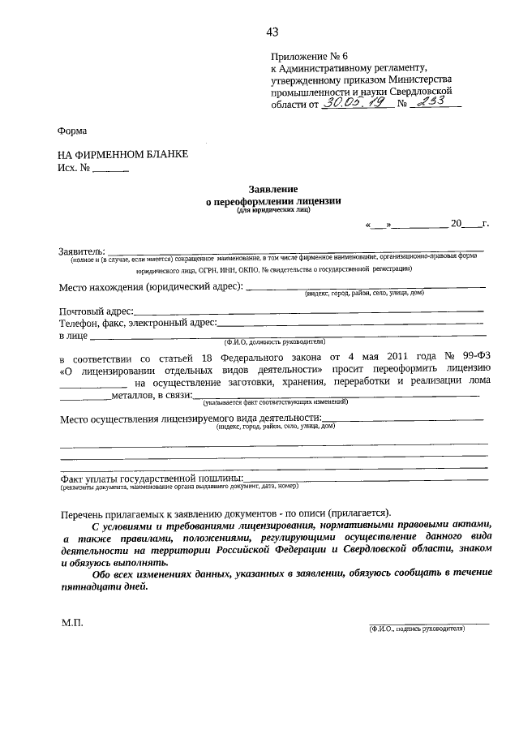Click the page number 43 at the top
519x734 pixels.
point(272,32)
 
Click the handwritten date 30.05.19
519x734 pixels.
point(350,104)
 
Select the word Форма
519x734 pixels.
point(72,131)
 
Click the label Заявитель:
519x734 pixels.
point(82,249)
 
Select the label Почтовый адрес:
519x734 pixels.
point(96,311)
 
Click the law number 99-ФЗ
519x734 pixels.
point(470,357)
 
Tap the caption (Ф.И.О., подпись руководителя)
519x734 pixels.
point(416,629)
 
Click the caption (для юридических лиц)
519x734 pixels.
point(272,209)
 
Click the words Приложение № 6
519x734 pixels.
point(309,56)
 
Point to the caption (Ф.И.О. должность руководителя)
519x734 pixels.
point(278,341)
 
